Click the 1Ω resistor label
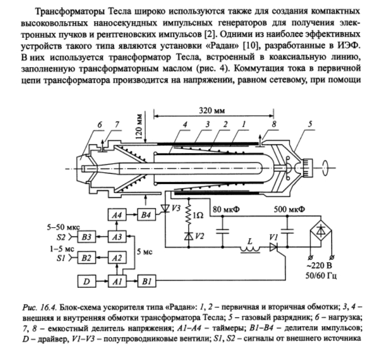(x=199, y=215)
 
